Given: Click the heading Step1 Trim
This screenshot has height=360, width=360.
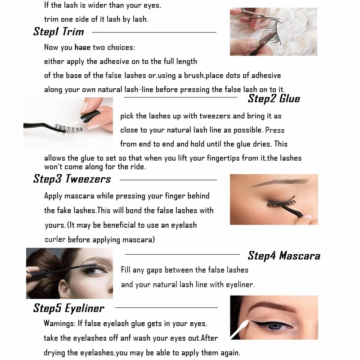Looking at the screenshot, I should pos(58,32).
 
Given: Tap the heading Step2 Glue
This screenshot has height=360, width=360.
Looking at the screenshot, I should pos(274,99).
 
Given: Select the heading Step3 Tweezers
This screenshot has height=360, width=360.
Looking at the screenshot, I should pos(72,179).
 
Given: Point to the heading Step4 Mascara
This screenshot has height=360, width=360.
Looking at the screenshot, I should pos(284,256).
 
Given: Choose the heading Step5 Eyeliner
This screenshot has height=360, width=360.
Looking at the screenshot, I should pos(68,308).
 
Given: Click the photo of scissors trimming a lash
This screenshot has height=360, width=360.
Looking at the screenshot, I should pos(273,31).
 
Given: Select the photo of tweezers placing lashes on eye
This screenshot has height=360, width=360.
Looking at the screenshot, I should pos(274,199).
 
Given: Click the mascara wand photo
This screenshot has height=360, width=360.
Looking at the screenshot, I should pos(69,273).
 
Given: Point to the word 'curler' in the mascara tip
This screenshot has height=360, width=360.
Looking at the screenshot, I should pos(55,240).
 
